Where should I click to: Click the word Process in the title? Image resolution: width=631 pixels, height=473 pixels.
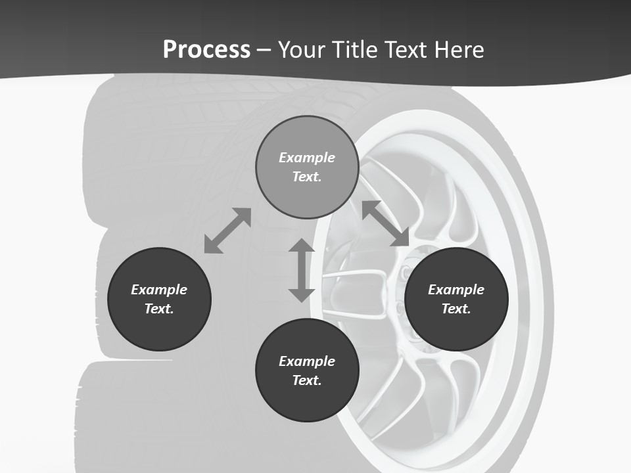[206, 50]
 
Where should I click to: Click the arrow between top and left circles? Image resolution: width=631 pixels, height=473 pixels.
[227, 231]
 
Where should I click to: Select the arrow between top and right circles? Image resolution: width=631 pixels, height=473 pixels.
[386, 223]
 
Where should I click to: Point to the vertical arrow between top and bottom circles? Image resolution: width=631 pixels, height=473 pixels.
[302, 270]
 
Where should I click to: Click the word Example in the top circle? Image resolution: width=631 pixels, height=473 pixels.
[307, 158]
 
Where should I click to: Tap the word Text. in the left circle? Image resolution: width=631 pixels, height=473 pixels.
[159, 309]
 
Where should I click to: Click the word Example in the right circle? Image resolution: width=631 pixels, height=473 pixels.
[456, 290]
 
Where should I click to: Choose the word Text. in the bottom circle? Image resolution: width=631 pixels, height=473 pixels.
[307, 380]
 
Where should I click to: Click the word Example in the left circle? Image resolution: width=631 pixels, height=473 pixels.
[159, 290]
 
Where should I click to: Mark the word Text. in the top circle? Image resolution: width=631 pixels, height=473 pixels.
[307, 177]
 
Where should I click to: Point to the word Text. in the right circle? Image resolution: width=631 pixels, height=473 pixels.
[456, 309]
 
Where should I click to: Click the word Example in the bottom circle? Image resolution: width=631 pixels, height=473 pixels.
[307, 361]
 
